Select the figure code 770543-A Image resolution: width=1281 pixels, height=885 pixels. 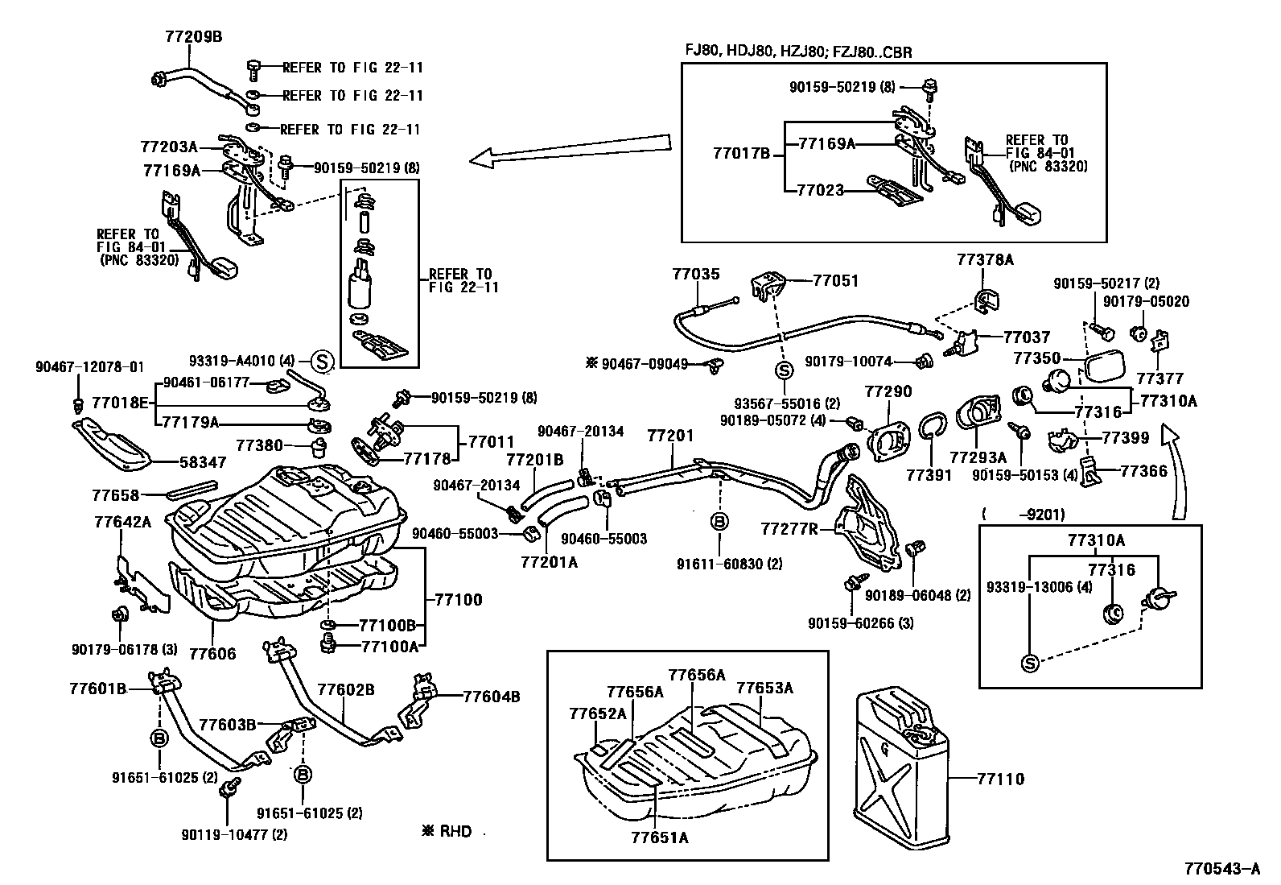click(1221, 869)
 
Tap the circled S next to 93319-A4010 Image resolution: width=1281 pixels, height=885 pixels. click(322, 361)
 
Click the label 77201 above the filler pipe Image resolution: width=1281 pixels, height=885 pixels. click(669, 436)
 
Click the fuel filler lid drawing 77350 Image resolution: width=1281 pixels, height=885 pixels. click(1110, 366)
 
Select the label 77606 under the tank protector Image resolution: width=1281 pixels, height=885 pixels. click(212, 653)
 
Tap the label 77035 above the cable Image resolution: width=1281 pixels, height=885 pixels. click(696, 275)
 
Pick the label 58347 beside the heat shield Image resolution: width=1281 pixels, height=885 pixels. click(202, 463)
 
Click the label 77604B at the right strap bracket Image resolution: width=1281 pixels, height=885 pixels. click(491, 697)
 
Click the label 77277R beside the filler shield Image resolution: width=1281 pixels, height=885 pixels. click(789, 529)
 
